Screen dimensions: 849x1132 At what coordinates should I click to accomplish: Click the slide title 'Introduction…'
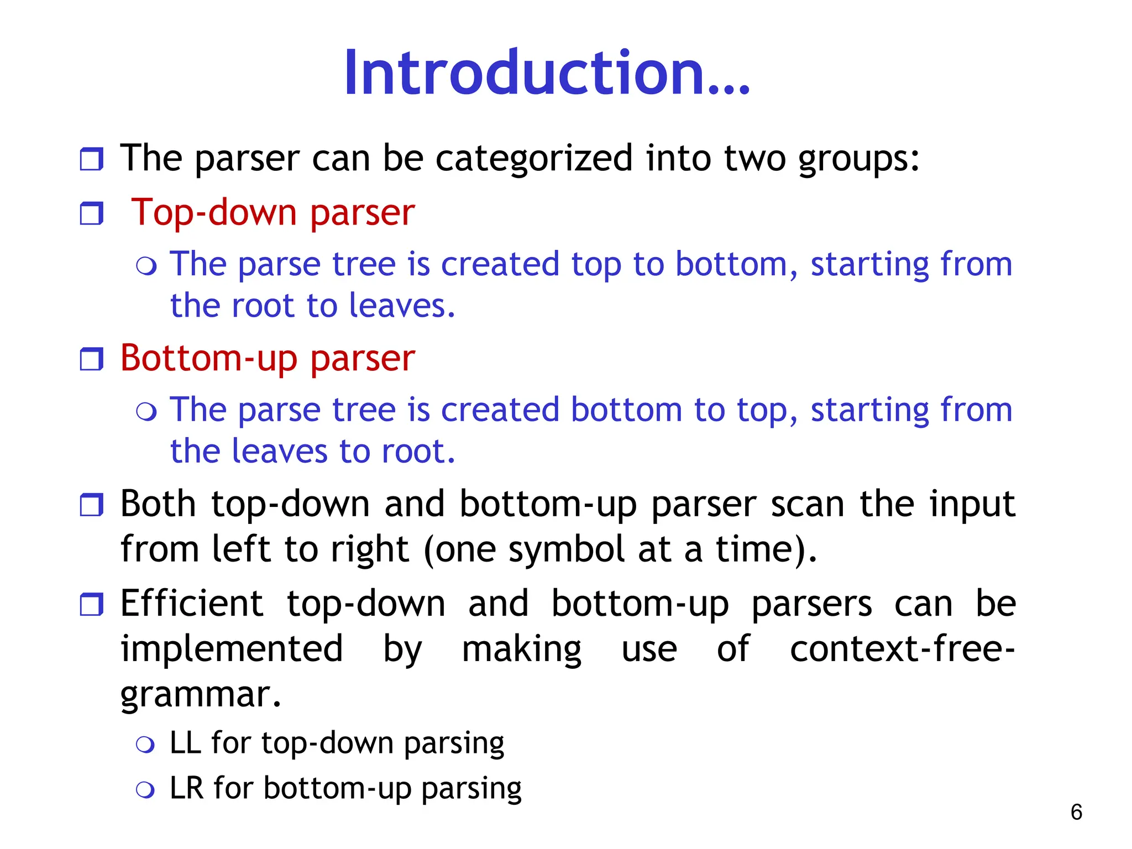click(x=546, y=73)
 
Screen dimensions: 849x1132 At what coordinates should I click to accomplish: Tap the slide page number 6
click(x=1076, y=812)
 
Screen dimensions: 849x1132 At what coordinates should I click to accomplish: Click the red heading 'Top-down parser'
click(x=272, y=213)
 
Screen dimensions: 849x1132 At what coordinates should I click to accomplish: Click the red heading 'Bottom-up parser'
click(x=268, y=359)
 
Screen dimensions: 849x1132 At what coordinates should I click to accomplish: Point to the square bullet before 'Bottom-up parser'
click(x=91, y=359)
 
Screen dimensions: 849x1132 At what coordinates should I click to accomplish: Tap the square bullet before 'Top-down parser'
click(x=91, y=213)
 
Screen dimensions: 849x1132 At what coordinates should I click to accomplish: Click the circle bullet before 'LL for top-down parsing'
click(x=145, y=745)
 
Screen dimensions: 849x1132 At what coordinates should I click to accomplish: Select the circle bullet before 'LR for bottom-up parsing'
click(x=145, y=790)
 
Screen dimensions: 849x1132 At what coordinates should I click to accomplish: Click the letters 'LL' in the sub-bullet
click(x=185, y=742)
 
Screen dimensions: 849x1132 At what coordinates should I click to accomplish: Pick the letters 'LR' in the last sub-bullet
click(x=186, y=788)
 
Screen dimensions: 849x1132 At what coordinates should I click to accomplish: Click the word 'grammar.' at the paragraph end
click(x=201, y=694)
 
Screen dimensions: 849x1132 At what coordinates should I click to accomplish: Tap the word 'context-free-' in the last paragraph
click(x=902, y=649)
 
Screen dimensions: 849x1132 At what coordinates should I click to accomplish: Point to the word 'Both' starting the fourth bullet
click(x=158, y=504)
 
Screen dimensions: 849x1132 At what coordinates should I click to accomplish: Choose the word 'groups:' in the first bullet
click(x=858, y=159)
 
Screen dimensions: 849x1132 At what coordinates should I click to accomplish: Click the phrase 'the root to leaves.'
click(x=312, y=306)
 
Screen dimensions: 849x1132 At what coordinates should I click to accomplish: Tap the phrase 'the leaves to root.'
click(x=312, y=452)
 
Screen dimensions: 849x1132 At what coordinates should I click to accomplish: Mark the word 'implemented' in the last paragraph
click(x=232, y=649)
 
